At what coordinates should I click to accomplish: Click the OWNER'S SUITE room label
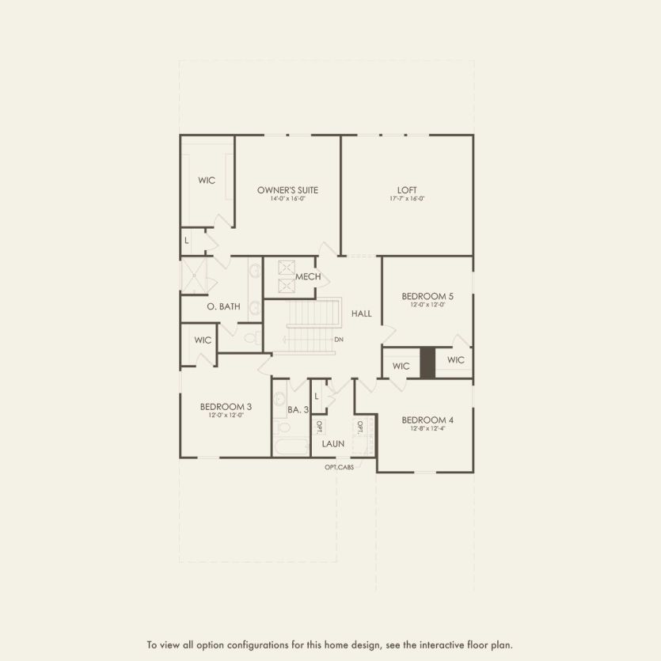click(x=287, y=190)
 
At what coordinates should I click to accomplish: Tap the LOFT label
click(x=407, y=190)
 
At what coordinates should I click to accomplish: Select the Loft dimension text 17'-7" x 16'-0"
click(x=407, y=199)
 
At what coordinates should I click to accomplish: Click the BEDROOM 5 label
click(x=428, y=296)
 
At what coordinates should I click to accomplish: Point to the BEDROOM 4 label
click(x=427, y=420)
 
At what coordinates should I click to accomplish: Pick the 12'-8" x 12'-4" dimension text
click(x=427, y=428)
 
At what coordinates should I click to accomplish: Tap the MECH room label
click(x=308, y=277)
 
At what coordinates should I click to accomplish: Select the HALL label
click(x=361, y=314)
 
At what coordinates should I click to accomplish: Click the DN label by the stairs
click(x=339, y=340)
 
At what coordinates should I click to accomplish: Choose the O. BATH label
click(x=224, y=306)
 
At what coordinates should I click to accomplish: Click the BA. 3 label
click(x=298, y=409)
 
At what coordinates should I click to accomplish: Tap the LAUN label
click(x=333, y=444)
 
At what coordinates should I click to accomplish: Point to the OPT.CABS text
click(x=339, y=467)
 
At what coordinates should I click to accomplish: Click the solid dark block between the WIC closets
click(x=427, y=363)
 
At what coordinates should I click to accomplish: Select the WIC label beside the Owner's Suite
click(x=207, y=180)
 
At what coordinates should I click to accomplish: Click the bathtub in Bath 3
click(x=291, y=448)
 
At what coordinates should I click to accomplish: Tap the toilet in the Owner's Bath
click(x=250, y=338)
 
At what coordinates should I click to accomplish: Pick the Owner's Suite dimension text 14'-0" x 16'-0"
click(x=287, y=199)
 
